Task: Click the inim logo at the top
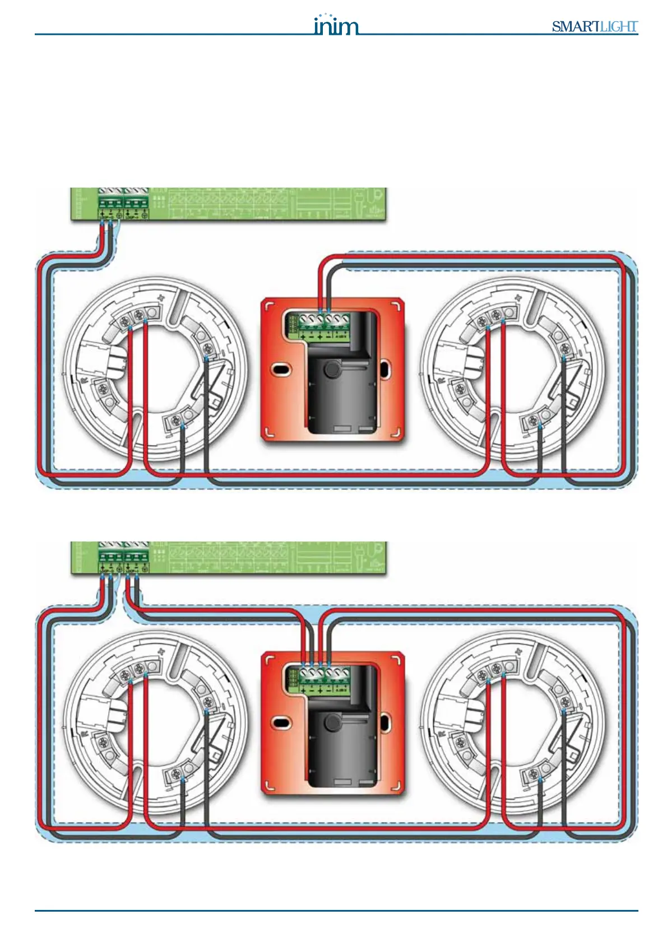pos(335,25)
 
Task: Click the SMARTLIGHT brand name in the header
pos(594,26)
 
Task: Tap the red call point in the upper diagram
pos(333,371)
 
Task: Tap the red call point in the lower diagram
pos(333,723)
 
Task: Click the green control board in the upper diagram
pos(228,204)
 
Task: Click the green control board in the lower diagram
pos(228,558)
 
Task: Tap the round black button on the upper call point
pos(333,368)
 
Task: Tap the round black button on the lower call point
pos(333,722)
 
